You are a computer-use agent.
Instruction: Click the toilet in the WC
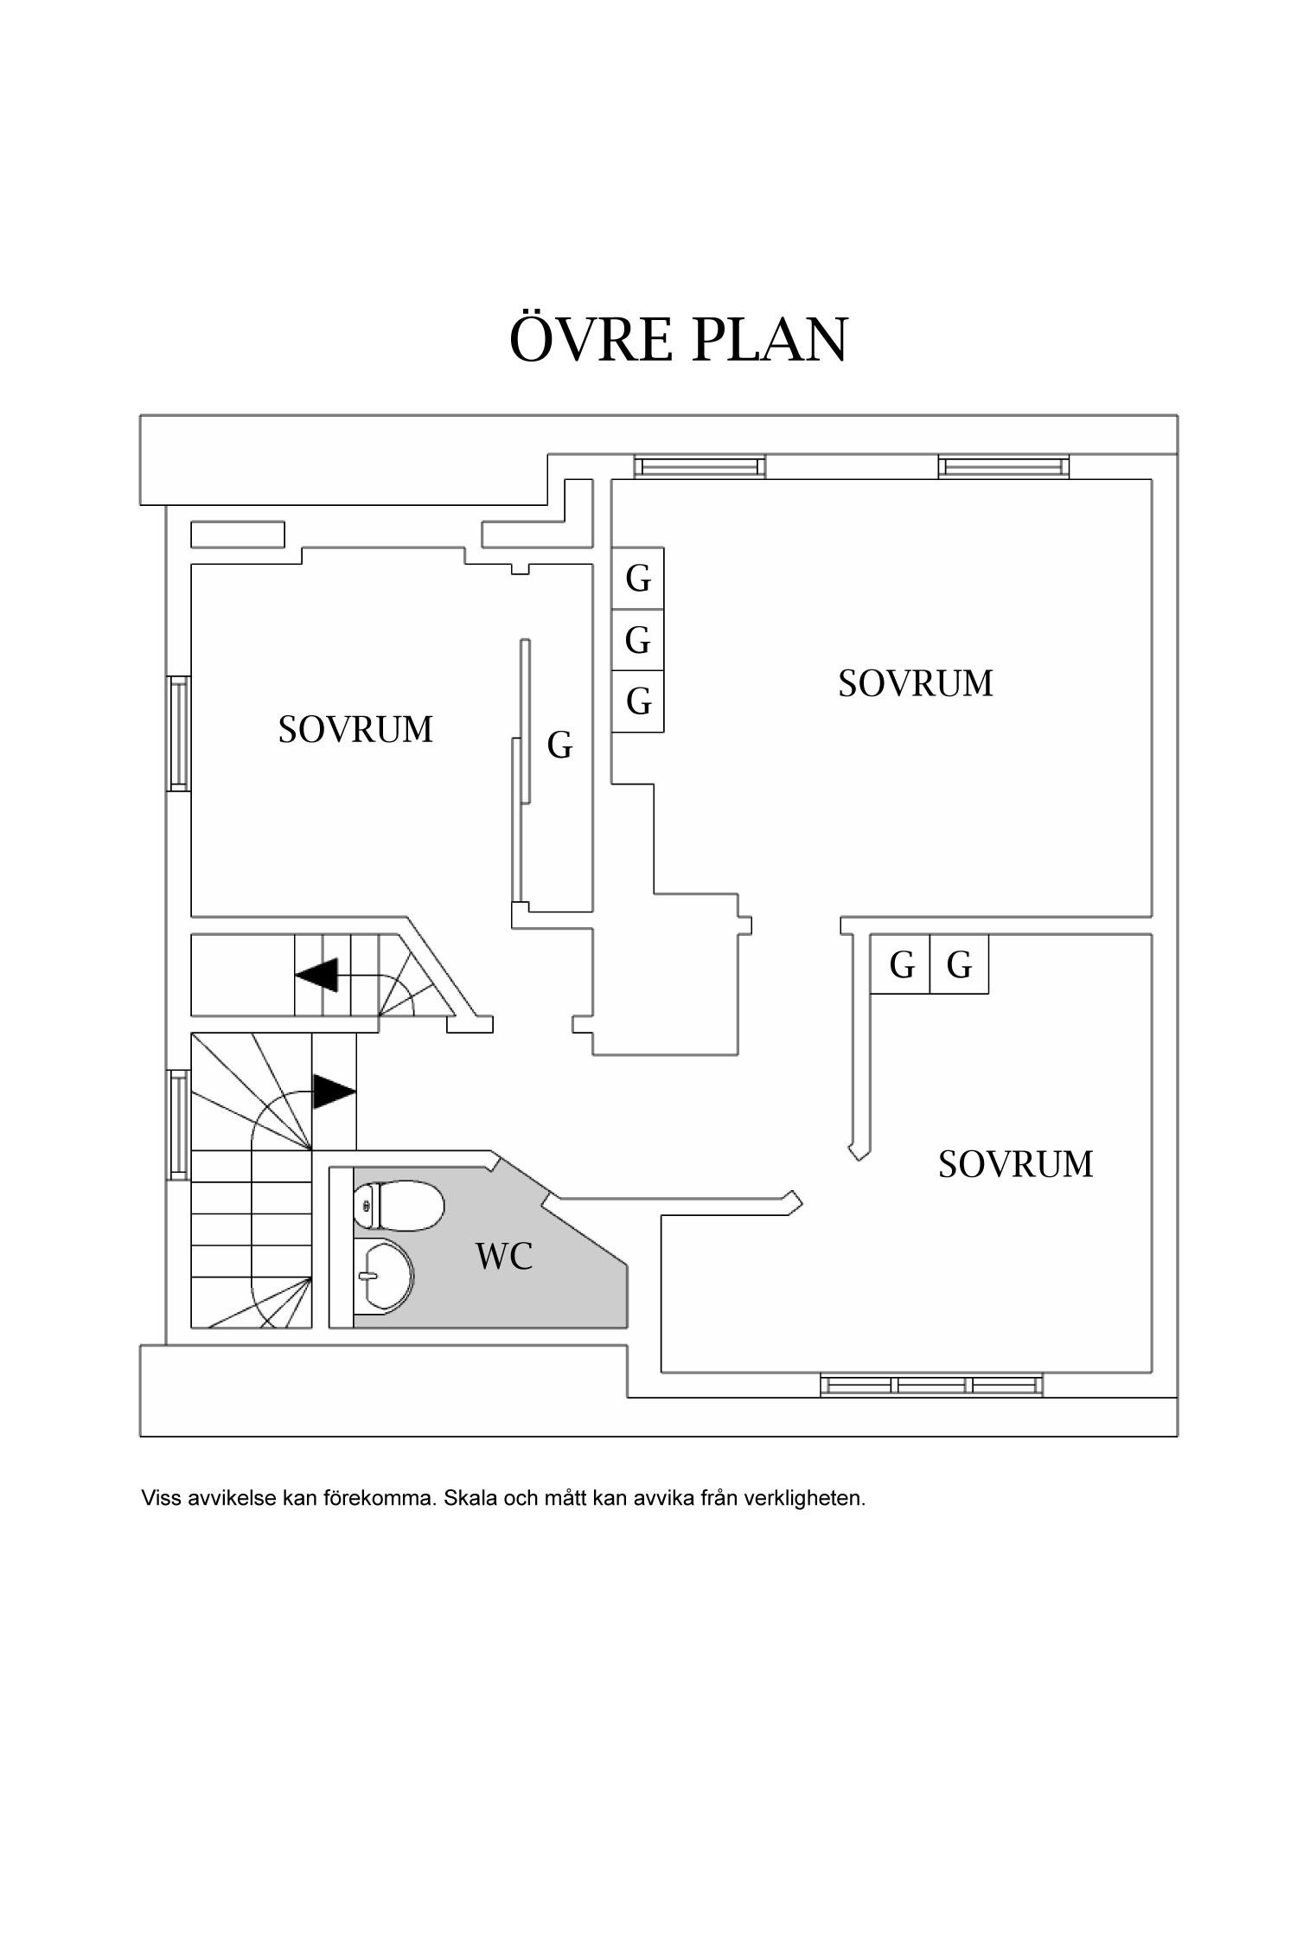[399, 1207]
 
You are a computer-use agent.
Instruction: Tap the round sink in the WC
[386, 1275]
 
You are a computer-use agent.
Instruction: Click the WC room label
[504, 1256]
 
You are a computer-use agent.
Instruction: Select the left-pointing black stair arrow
[316, 975]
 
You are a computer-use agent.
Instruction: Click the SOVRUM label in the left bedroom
[355, 730]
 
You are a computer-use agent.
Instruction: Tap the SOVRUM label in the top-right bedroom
[916, 683]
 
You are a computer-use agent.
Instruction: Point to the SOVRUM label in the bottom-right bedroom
[1015, 1164]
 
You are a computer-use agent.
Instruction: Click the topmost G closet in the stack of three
[638, 579]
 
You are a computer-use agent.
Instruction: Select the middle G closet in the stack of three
[638, 641]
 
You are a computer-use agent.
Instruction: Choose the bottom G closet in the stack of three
[638, 701]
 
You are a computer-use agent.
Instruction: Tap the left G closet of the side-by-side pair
[901, 964]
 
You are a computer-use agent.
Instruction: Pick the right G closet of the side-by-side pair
[959, 964]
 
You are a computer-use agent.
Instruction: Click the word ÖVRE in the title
[591, 339]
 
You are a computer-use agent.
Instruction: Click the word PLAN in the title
[770, 339]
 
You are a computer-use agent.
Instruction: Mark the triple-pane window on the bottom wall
[931, 1385]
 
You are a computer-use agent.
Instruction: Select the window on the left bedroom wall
[179, 733]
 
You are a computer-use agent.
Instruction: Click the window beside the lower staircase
[179, 1124]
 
